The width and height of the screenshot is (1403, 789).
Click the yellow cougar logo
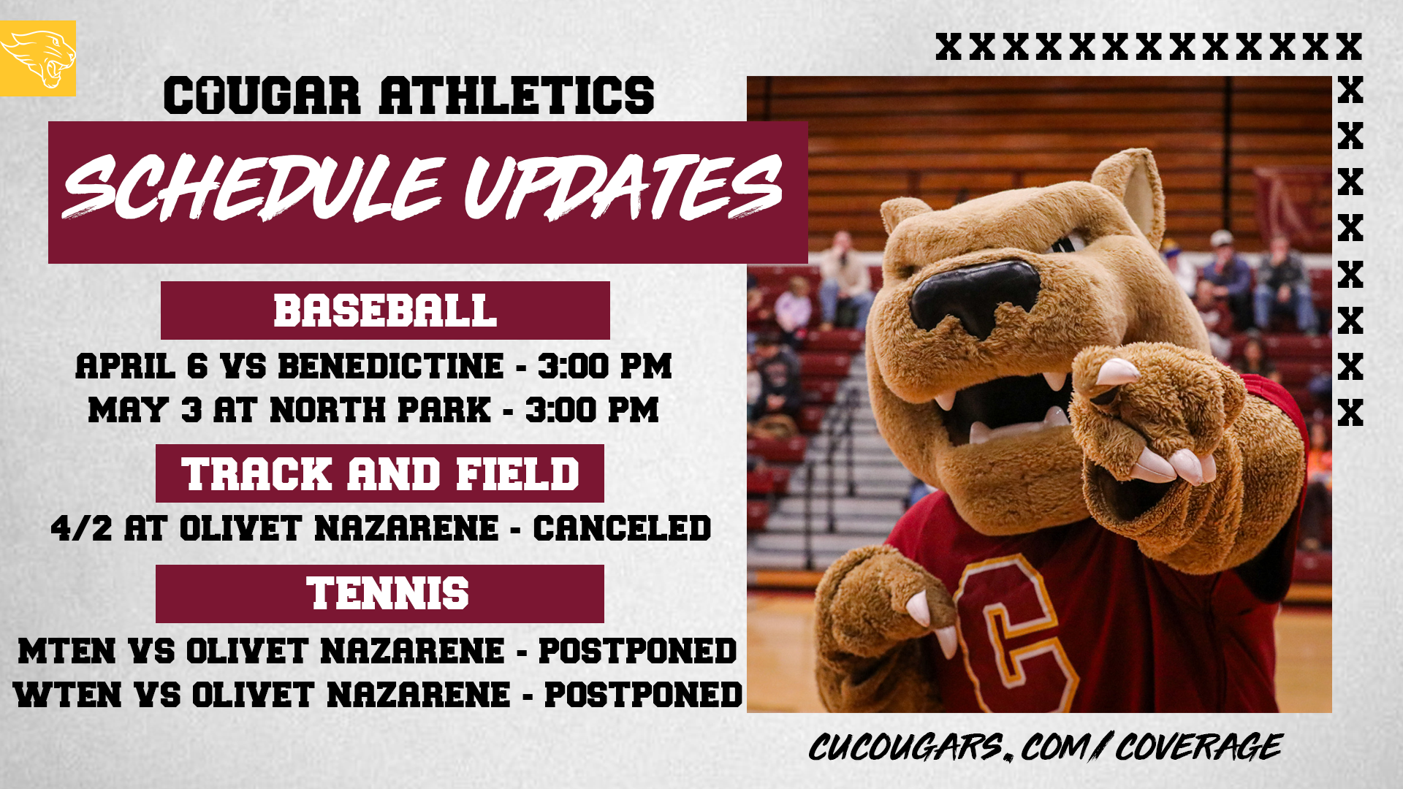point(38,58)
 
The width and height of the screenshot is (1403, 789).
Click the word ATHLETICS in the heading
point(517,96)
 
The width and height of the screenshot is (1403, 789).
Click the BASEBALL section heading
point(385,310)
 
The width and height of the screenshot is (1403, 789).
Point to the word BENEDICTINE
point(391,366)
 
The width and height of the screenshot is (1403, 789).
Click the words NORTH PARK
point(380,410)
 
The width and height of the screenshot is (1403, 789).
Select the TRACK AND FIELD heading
point(380,473)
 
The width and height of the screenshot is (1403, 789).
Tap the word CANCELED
point(622,528)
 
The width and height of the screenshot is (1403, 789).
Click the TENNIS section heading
point(387,593)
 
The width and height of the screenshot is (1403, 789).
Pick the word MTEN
point(66,651)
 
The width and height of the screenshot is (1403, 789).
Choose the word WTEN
point(67,695)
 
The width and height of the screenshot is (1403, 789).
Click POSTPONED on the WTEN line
point(643,695)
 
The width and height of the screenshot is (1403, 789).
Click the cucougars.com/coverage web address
point(1045,747)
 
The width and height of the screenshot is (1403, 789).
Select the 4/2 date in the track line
point(81,528)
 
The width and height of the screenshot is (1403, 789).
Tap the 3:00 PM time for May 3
point(592,410)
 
